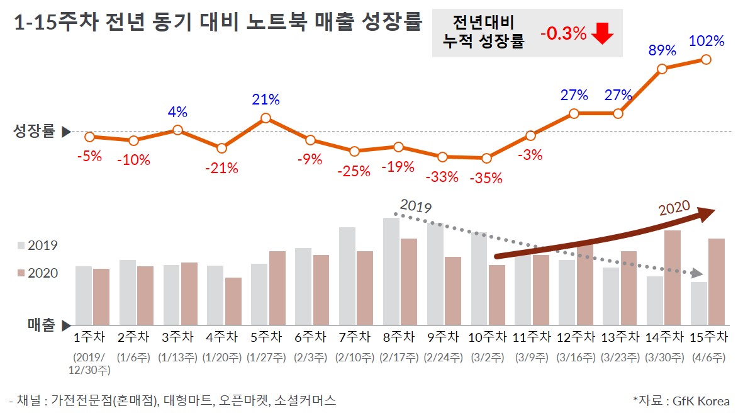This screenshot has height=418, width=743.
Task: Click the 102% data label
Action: pyautogui.click(x=707, y=42)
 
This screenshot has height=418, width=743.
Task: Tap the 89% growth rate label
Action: pyautogui.click(x=662, y=50)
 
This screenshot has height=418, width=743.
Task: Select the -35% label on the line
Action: pyautogui.click(x=486, y=178)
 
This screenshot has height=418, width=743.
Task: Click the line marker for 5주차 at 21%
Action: pyautogui.click(x=265, y=118)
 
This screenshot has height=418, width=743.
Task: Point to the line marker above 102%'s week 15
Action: pyautogui.click(x=706, y=59)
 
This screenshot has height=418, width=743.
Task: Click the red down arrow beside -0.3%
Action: pyautogui.click(x=602, y=33)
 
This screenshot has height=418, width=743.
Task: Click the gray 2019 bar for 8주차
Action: pyautogui.click(x=391, y=271)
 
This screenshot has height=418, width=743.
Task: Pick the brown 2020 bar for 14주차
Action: pyautogui.click(x=673, y=277)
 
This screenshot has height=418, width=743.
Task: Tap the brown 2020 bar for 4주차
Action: pyautogui.click(x=233, y=300)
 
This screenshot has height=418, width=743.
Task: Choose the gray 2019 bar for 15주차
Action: pyautogui.click(x=698, y=303)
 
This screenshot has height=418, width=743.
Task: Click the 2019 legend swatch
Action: pyautogui.click(x=20, y=246)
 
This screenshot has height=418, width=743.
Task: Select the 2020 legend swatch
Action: pyautogui.click(x=20, y=273)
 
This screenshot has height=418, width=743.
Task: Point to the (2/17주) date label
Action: pyautogui.click(x=399, y=358)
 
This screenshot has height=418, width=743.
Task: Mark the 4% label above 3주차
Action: pyautogui.click(x=177, y=113)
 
